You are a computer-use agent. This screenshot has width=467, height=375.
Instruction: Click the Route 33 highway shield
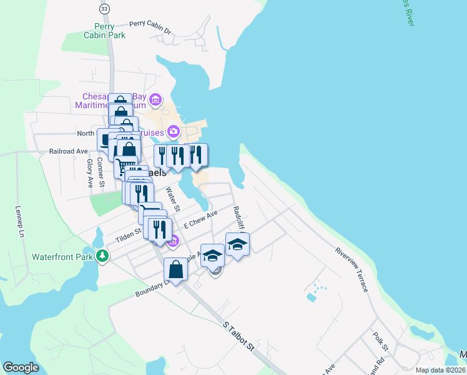(x=104, y=8)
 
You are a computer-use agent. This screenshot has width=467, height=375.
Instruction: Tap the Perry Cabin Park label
(x=104, y=31)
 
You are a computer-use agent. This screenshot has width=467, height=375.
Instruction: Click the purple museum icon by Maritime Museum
(x=155, y=100)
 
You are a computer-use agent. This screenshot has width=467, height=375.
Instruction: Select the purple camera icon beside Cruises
(x=174, y=132)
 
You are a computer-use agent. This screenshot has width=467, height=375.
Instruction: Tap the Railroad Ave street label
(x=69, y=151)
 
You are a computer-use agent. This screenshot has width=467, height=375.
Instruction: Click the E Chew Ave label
(x=200, y=219)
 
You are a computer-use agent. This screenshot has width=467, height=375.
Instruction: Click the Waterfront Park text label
(x=62, y=256)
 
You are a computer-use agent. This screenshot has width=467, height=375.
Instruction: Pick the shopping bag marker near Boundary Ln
(x=176, y=270)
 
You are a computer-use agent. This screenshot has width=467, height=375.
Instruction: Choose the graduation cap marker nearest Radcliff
(x=237, y=244)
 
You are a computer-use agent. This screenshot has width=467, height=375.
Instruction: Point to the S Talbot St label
(x=239, y=335)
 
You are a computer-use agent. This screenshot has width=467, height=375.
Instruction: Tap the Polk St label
(x=381, y=343)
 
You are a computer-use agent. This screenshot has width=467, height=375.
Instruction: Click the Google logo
(x=21, y=367)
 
